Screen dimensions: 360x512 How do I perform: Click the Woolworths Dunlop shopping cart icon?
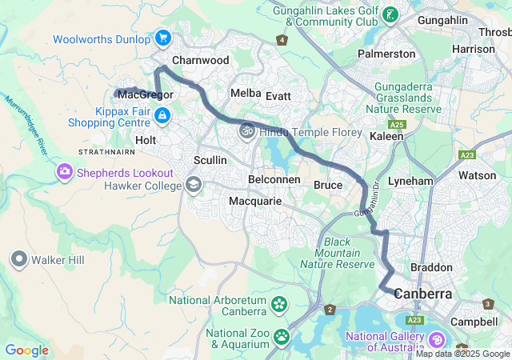163,38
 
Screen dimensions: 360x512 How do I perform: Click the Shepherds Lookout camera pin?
63,171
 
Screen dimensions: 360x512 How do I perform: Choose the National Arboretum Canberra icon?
278,304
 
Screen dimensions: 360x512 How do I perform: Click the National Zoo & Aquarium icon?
282,336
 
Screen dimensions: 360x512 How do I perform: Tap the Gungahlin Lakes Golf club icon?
390,15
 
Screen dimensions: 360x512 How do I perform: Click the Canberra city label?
422,294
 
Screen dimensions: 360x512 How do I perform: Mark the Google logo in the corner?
26,350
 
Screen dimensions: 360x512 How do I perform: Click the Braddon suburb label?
431,267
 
